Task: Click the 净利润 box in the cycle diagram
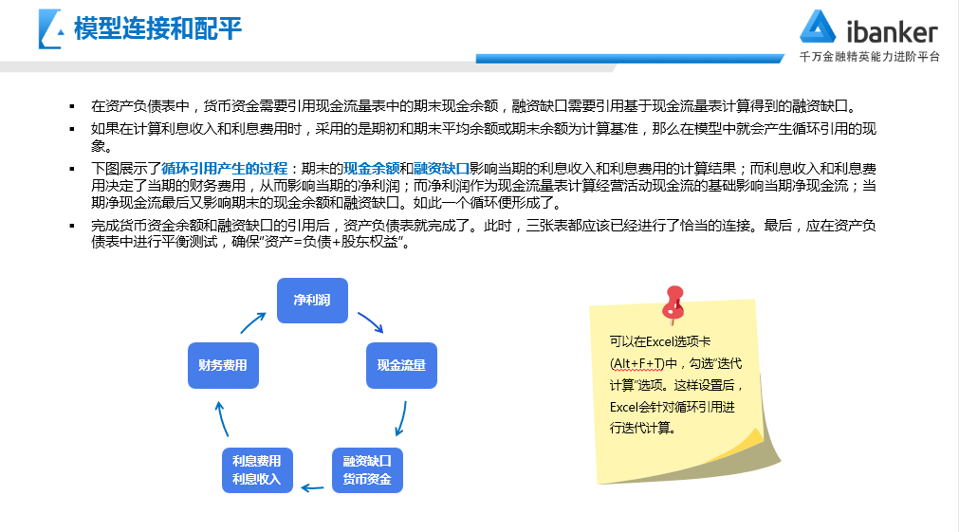tap(312, 301)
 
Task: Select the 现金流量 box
tap(401, 365)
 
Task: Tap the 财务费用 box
tap(223, 365)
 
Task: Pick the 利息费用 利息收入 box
tap(257, 470)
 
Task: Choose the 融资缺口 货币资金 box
tap(367, 470)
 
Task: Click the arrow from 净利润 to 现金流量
tap(371, 321)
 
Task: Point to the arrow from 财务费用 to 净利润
tap(252, 322)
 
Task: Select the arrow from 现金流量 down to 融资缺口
tap(401, 419)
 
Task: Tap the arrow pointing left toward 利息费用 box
tap(312, 488)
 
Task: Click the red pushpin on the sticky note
tap(673, 303)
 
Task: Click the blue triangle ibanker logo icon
tap(818, 27)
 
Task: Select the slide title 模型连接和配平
tap(157, 28)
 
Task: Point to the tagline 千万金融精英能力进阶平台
tap(869, 57)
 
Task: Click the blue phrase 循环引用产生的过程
tap(225, 169)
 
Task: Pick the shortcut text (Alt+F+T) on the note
tap(637, 364)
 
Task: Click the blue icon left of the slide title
tap(51, 28)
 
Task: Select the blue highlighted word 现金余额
tap(371, 169)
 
